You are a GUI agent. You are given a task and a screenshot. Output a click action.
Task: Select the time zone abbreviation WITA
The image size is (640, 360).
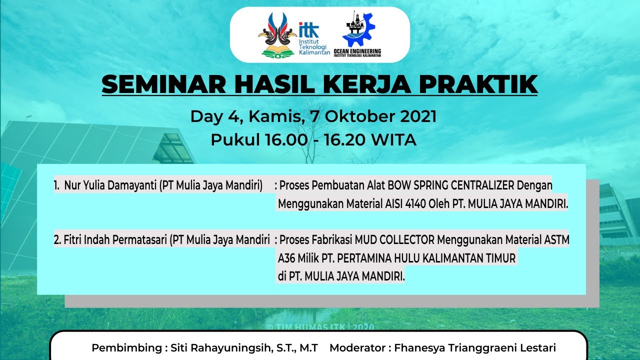pyautogui.click(x=394, y=139)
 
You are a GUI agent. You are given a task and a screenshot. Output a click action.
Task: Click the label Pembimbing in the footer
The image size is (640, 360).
pyautogui.click(x=127, y=347)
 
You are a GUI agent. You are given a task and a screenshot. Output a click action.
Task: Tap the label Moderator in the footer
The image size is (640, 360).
pyautogui.click(x=357, y=347)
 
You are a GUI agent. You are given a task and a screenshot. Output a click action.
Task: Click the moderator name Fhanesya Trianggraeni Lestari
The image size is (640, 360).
pyautogui.click(x=475, y=347)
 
